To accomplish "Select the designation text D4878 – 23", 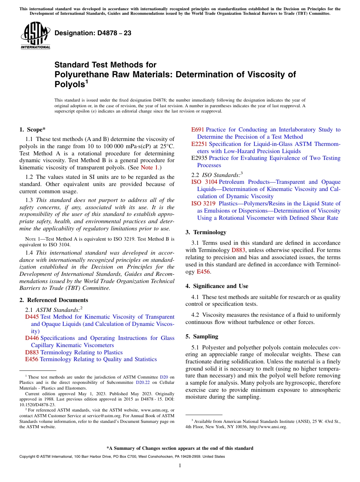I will (x=93, y=33).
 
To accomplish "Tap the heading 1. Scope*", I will (x=33, y=130).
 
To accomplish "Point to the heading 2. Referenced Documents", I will (x=48, y=300).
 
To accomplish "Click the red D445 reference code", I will (x=32, y=317).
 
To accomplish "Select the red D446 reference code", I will (x=32, y=338).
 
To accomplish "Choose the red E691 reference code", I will (x=197, y=130).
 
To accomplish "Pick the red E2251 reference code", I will (x=199, y=144).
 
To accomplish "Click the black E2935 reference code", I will (x=199, y=158).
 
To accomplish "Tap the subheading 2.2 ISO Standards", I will (x=216, y=175).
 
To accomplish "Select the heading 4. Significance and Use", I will (x=217, y=286).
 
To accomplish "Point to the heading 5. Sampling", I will (x=202, y=336).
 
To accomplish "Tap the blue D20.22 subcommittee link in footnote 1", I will (x=142, y=383).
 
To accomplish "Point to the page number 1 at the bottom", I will (x=180, y=466).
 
